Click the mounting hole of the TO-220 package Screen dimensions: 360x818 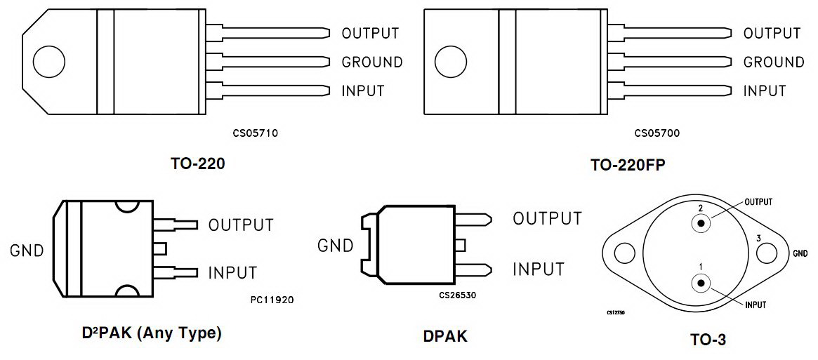(48, 62)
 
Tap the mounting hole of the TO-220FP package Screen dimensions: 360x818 (450, 62)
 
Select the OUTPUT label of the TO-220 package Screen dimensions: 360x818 (370, 33)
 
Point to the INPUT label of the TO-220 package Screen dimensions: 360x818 (363, 91)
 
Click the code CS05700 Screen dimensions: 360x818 (657, 132)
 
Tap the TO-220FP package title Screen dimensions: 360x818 (628, 166)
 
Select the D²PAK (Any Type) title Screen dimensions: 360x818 (152, 333)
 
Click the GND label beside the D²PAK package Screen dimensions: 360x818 (27, 251)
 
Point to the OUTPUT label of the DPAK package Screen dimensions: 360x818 (548, 219)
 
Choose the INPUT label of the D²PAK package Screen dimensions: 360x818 (232, 273)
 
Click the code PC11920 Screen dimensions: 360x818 (272, 300)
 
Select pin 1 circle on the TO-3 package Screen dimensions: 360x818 (701, 283)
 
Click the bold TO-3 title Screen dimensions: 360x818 (708, 340)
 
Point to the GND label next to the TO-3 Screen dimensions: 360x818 (800, 253)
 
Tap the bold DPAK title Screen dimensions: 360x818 (445, 337)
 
